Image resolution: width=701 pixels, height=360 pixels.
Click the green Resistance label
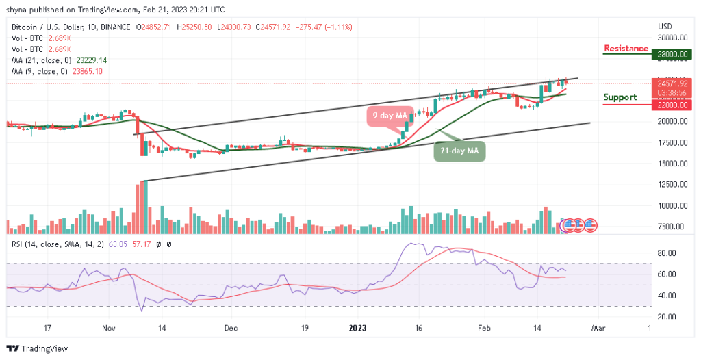(x=626, y=49)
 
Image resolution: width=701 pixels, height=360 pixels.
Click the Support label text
(x=620, y=97)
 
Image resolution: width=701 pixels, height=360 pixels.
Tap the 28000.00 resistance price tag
(x=674, y=54)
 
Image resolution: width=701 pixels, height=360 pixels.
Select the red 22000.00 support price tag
(x=674, y=104)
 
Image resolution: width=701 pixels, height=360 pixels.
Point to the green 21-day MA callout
(x=460, y=151)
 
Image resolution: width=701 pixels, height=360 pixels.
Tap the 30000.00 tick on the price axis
(x=674, y=38)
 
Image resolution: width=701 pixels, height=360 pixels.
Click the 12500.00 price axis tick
(x=674, y=185)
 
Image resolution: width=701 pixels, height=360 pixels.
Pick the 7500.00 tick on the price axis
(x=674, y=227)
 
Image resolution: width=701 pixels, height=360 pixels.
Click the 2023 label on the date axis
(x=358, y=329)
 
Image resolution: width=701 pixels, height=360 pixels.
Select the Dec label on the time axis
(x=231, y=329)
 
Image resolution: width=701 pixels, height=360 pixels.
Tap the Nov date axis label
(x=109, y=329)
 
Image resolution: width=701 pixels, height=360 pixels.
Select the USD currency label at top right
(x=665, y=26)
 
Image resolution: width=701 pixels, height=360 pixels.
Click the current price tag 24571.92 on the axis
(x=674, y=83)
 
